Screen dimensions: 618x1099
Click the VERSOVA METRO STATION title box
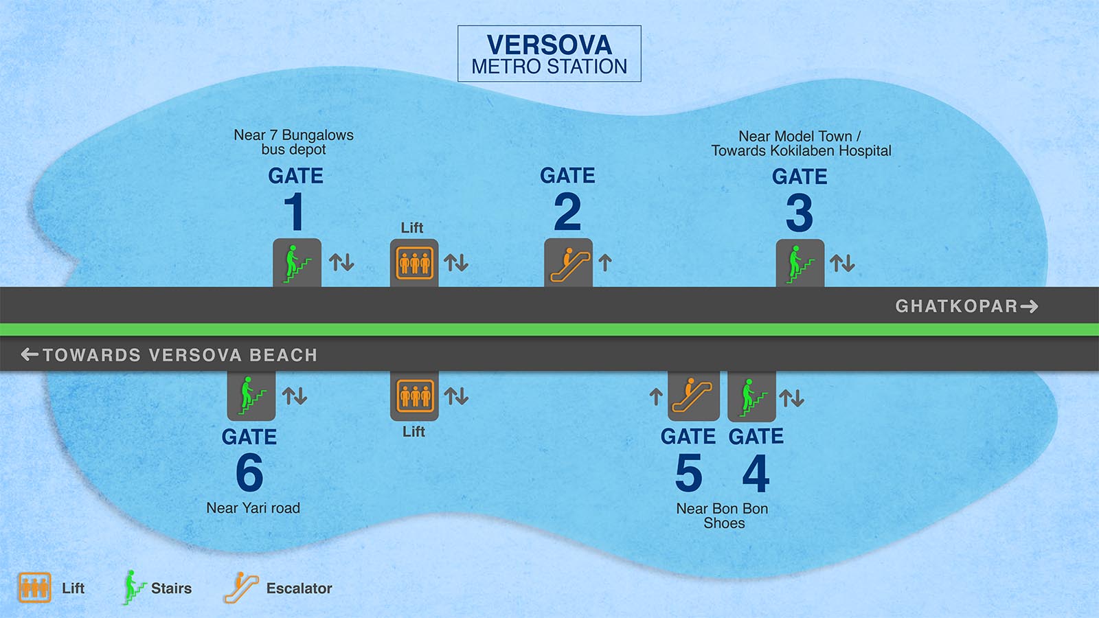coord(549,54)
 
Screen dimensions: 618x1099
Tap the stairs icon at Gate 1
coord(297,263)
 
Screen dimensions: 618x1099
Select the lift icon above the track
coord(414,263)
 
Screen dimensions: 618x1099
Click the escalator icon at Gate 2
coord(568,263)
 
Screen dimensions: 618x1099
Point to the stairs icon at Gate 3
coord(800,264)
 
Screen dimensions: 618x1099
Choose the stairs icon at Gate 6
coord(251,396)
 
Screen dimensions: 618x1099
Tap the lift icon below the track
coord(414,396)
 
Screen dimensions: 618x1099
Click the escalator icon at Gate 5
coord(693,396)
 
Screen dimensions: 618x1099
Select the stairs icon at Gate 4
coord(751,397)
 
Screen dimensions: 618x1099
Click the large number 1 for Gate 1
coord(295,212)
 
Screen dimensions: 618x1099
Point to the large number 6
coord(249,472)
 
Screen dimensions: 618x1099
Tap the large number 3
coord(800,214)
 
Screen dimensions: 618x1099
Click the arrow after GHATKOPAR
coord(1029,306)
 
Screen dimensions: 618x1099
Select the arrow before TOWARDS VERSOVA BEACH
coord(30,354)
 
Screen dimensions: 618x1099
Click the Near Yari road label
coord(253,508)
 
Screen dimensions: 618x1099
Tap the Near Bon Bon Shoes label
coord(723,516)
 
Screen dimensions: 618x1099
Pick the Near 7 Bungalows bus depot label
coord(293,142)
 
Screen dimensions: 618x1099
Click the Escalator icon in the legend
coord(240,588)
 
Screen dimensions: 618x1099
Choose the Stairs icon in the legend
coord(133,588)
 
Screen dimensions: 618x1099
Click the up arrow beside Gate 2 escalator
coord(605,262)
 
